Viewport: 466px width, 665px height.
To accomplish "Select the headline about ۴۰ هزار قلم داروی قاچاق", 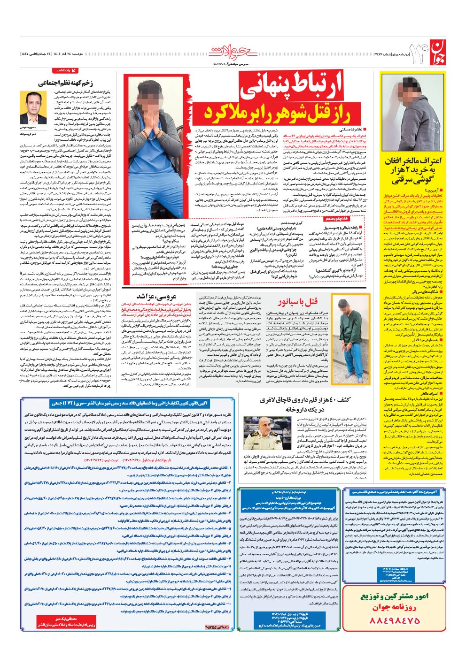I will [306, 404].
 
